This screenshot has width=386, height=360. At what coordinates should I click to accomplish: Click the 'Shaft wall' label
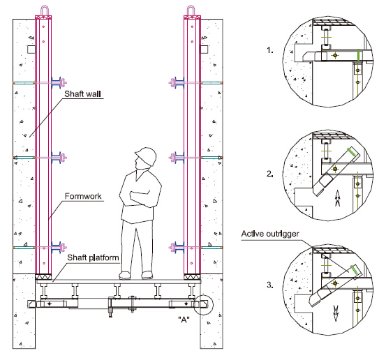[x=82, y=93]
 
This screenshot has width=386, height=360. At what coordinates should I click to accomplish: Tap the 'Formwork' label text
[x=83, y=196]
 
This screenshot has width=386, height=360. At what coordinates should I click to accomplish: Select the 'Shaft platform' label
[x=93, y=257]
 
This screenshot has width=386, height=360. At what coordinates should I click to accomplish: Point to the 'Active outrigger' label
[x=270, y=234]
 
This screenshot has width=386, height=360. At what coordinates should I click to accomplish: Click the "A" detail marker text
[x=184, y=320]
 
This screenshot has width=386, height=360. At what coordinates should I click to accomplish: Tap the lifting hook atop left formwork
[x=44, y=10]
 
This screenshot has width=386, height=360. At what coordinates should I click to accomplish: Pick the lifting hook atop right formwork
[x=191, y=10]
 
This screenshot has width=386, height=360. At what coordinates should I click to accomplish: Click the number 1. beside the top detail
[x=270, y=50]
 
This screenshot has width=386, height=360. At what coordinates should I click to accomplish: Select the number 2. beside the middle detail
[x=270, y=174]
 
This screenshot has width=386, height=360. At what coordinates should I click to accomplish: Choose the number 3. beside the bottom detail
[x=270, y=285]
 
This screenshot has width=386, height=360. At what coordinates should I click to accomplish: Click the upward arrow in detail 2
[x=337, y=198]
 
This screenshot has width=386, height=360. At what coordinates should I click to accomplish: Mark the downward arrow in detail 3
[x=336, y=313]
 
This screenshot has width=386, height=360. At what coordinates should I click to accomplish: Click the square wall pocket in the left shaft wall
[x=31, y=50]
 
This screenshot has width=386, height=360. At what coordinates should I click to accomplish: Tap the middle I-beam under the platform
[x=117, y=291]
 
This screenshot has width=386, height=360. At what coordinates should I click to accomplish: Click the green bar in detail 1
[x=359, y=55]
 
